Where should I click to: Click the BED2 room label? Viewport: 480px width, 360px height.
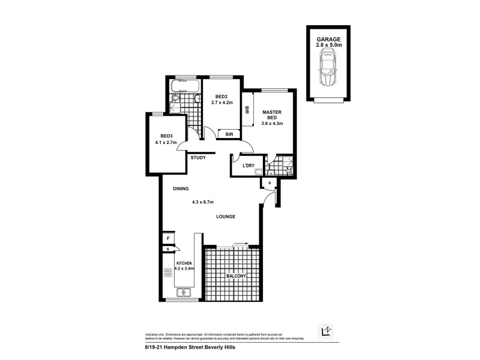click(x=221, y=97)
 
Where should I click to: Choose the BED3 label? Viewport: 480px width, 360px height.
click(x=166, y=136)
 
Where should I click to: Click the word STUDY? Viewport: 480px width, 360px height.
click(x=198, y=158)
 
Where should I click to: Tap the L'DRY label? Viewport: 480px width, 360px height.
click(x=248, y=166)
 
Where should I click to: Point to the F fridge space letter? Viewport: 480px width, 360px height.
click(x=168, y=238)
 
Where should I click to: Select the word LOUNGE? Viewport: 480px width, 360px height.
click(x=226, y=217)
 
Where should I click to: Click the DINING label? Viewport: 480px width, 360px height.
click(x=181, y=188)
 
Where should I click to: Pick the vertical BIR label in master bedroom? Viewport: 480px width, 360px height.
click(x=247, y=110)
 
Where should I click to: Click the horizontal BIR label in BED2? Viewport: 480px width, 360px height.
click(x=229, y=135)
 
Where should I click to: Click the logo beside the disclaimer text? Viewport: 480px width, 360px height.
click(x=324, y=331)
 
